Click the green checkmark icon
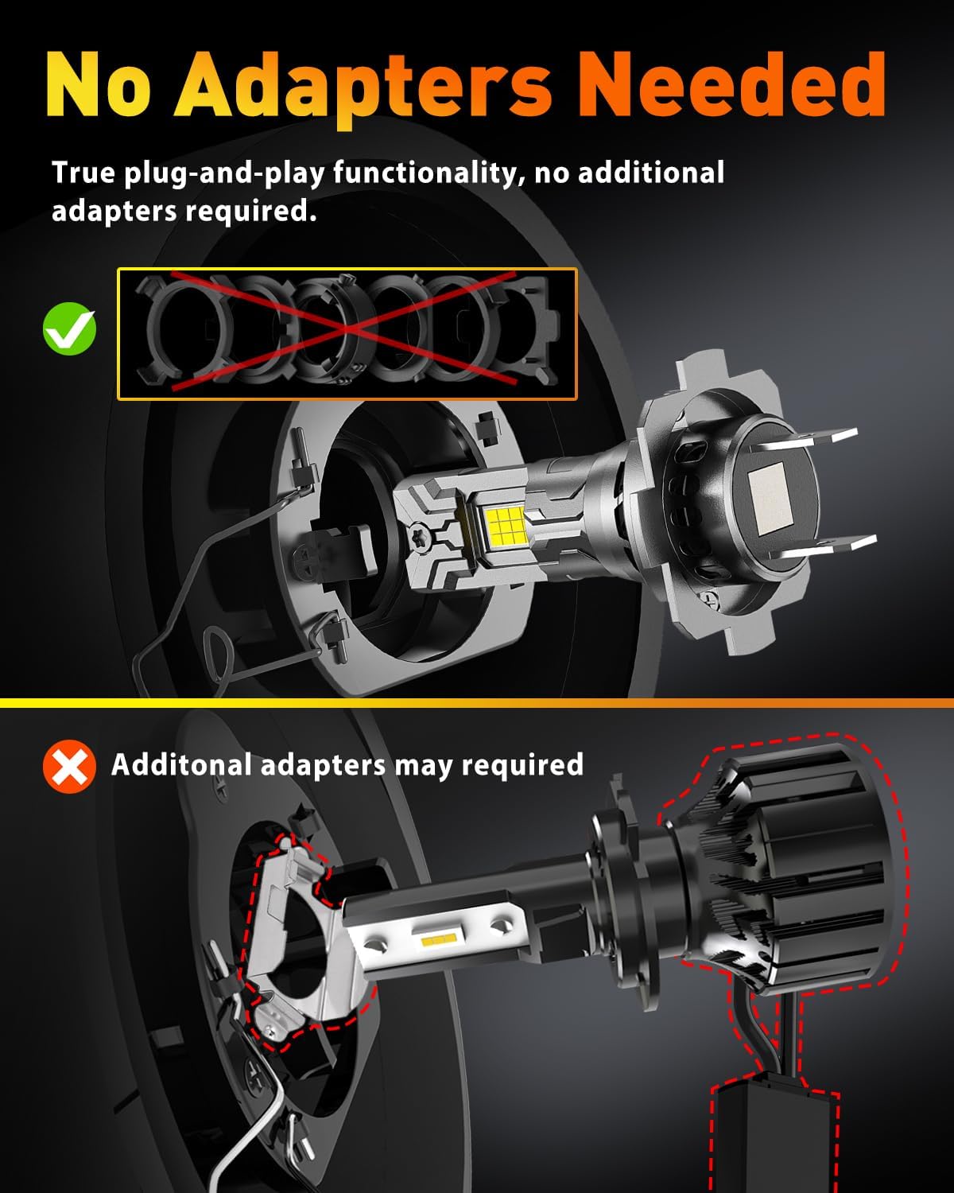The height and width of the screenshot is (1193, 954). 69,328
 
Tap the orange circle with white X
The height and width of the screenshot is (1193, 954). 69,767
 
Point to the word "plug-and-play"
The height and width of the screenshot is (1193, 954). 224,173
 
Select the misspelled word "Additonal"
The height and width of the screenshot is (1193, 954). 182,764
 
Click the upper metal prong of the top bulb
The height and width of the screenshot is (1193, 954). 808,438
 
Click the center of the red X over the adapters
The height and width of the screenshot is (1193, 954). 345,330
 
